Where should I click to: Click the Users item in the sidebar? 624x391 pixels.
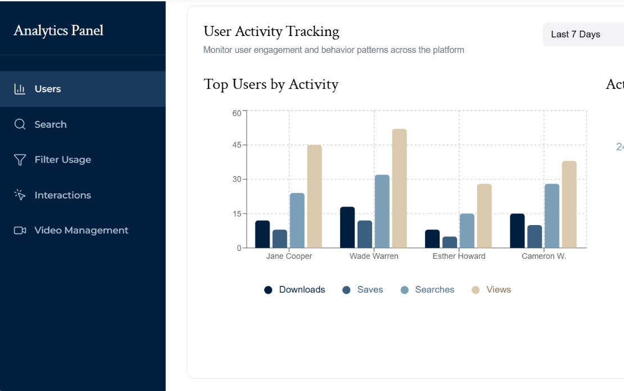(x=83, y=89)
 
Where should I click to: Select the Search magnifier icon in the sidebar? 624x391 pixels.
(x=20, y=124)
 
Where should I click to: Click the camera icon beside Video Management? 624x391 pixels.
(x=20, y=230)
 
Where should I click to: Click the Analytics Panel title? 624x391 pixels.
(x=58, y=30)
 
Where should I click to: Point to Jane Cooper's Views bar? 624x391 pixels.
(x=314, y=196)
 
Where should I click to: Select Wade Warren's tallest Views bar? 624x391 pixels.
(x=400, y=188)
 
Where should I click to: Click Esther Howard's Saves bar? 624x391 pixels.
(x=450, y=242)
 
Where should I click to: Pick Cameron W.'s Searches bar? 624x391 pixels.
(x=552, y=216)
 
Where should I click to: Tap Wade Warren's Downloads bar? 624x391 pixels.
(x=347, y=227)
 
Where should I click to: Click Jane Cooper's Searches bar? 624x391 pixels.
(x=297, y=221)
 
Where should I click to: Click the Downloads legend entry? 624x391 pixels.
(x=295, y=290)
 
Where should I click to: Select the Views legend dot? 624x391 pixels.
(x=476, y=290)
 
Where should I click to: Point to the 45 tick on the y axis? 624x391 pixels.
(x=237, y=145)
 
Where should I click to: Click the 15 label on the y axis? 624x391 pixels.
(x=237, y=214)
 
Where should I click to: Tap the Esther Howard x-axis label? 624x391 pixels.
(x=459, y=256)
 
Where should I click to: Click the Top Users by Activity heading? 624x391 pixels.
(x=271, y=84)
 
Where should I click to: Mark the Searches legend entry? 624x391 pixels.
(x=427, y=290)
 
